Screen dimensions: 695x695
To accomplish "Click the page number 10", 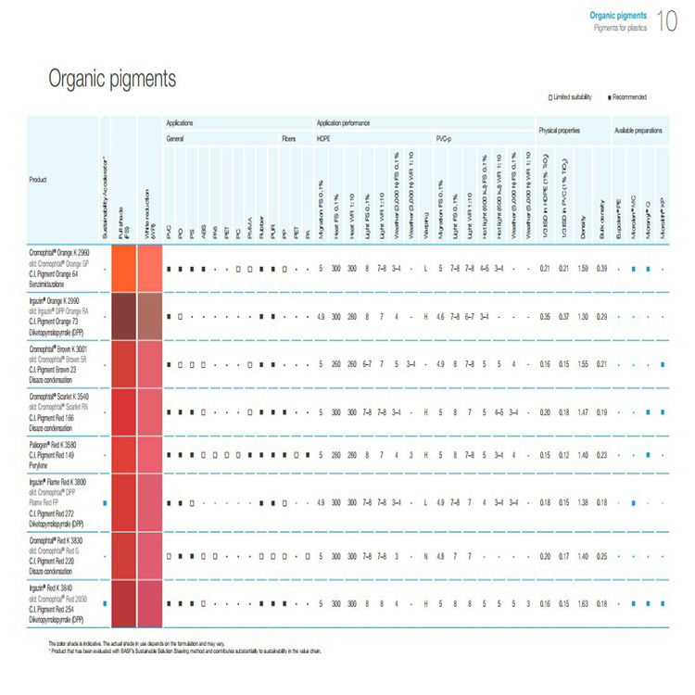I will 666,20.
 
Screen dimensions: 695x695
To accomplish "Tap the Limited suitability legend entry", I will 570,97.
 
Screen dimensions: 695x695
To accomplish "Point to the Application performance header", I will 343,122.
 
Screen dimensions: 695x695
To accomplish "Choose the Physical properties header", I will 561,130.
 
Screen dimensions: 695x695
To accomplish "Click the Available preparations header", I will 638,130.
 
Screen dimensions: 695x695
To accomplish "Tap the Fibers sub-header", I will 288,138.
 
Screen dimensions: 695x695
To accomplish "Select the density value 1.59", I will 583,269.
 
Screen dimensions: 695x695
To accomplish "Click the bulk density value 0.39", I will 602,269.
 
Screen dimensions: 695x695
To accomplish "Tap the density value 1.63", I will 583,603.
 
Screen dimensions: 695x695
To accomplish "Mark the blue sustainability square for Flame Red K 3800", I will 107,503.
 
